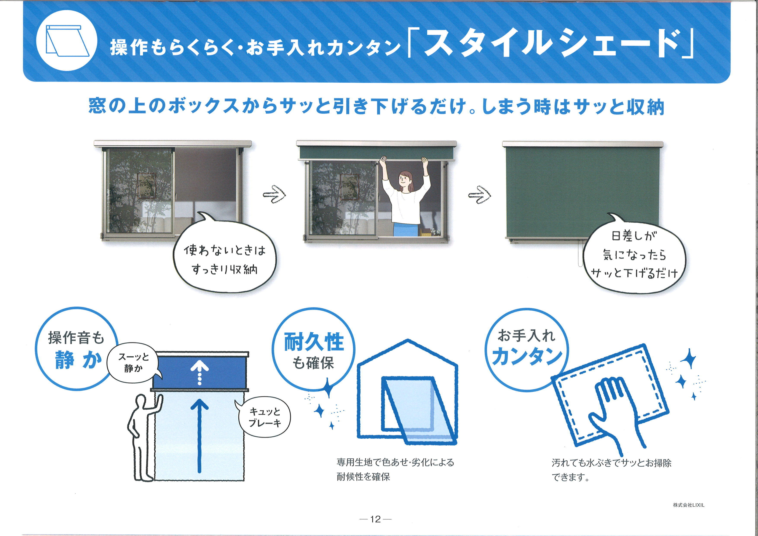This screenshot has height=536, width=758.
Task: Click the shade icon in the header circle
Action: pyautogui.click(x=67, y=41)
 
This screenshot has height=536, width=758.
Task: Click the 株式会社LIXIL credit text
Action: pyautogui.click(x=689, y=505)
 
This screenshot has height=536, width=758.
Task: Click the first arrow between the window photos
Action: pyautogui.click(x=274, y=195)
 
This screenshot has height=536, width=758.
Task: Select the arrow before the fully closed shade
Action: pyautogui.click(x=479, y=195)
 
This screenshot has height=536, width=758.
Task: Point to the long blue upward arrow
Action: pyautogui.click(x=199, y=436)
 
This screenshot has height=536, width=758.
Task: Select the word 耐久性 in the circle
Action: pyautogui.click(x=314, y=342)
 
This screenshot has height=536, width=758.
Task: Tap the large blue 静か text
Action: pyautogui.click(x=78, y=360)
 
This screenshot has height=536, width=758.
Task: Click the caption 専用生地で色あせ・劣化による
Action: pyautogui.click(x=395, y=462)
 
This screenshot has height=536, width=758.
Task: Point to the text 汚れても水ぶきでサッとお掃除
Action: pyautogui.click(x=611, y=463)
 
